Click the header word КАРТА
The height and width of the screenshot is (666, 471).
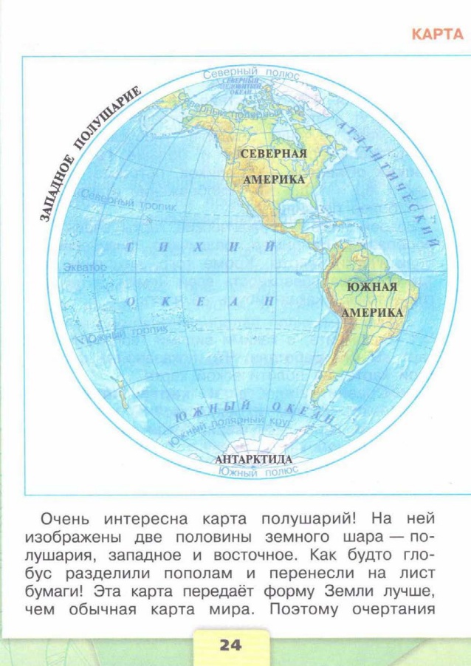(436, 34)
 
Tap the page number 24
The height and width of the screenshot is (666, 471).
(230, 645)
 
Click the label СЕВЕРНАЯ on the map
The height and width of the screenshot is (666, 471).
(273, 154)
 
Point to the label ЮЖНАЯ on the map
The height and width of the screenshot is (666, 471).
(371, 287)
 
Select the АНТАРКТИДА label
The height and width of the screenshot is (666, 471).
(253, 459)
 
